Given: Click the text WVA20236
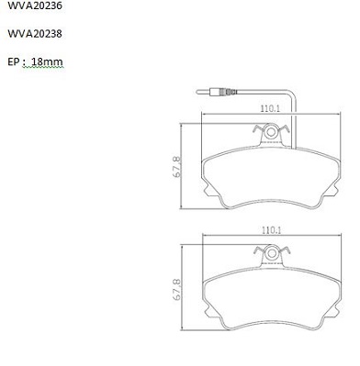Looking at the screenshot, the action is click(35, 6).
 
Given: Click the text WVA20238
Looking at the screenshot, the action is click(35, 33).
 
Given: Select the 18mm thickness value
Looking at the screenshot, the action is click(47, 61).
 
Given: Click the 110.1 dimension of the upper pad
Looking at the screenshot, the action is click(270, 108).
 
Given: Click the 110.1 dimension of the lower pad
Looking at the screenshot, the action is click(271, 230).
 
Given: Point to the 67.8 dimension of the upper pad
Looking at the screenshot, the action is click(176, 167).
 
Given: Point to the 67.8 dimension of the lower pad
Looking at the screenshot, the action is click(176, 289).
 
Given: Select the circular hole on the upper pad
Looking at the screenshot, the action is click(270, 132).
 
